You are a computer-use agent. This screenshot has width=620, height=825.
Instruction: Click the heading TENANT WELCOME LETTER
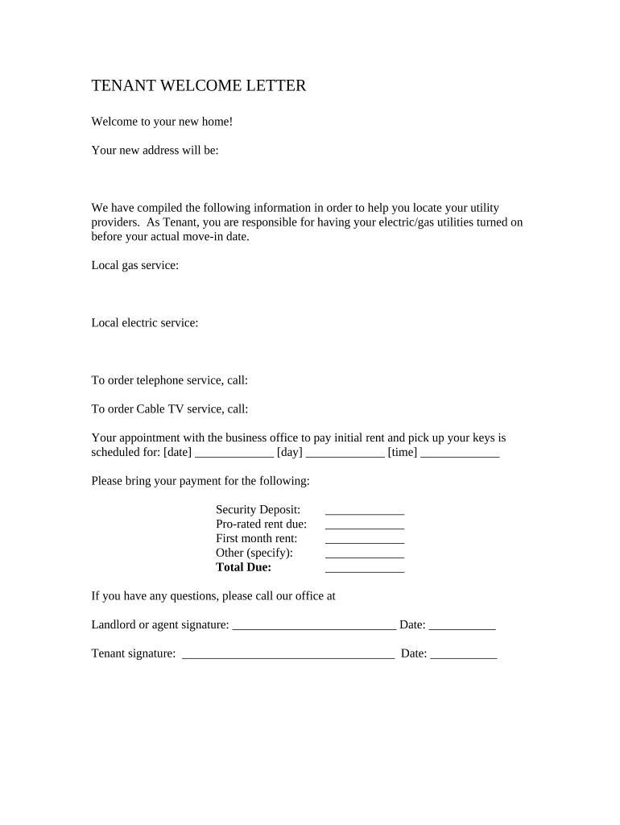[x=198, y=85]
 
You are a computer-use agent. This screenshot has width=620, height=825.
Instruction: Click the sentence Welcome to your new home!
[x=162, y=122]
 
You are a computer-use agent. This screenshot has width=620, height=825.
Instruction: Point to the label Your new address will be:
[x=155, y=150]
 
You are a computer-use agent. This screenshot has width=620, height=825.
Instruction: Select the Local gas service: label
[x=134, y=265]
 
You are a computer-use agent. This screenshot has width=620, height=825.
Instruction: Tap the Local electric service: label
[x=144, y=323]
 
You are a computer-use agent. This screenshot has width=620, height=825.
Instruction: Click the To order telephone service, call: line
[x=169, y=380]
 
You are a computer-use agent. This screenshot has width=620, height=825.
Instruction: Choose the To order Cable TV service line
[x=169, y=409]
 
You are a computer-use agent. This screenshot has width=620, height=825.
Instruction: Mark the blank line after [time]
[x=460, y=454]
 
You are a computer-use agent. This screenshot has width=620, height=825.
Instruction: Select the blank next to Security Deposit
[x=364, y=512]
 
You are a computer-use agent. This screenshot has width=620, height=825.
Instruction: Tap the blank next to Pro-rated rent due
[x=364, y=526]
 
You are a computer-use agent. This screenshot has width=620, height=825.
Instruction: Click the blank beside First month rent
[x=364, y=541]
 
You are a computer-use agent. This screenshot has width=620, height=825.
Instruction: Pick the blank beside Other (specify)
[x=364, y=555]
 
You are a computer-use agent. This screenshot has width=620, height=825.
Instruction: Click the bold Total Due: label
[x=243, y=567]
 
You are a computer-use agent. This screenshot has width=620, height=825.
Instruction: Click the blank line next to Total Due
[x=364, y=570]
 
